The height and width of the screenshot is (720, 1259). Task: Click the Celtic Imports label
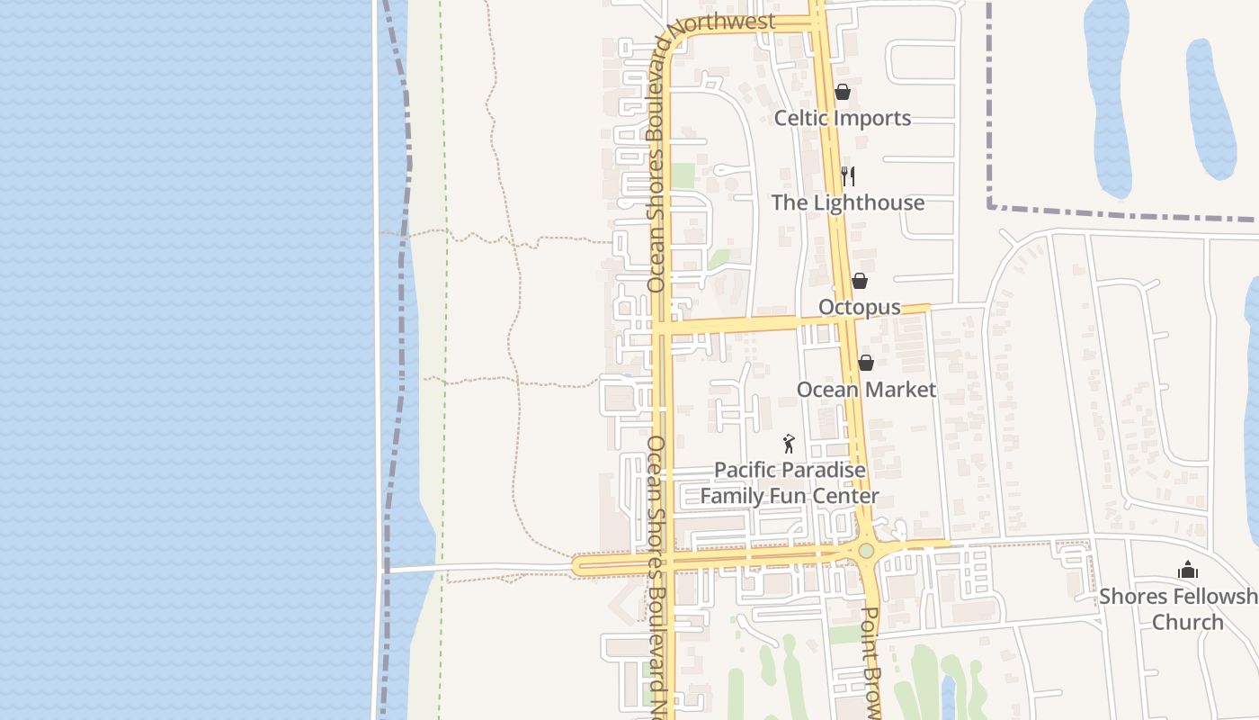(843, 119)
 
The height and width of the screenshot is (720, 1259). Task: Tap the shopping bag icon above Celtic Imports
(843, 92)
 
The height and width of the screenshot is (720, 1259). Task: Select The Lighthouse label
(847, 203)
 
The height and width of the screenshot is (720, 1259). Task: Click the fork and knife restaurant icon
(847, 175)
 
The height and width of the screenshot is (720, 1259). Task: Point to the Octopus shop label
(859, 308)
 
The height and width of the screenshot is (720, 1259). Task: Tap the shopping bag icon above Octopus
(860, 281)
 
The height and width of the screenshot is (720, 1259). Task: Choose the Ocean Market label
(866, 390)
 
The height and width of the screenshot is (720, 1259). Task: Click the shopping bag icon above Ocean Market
(865, 363)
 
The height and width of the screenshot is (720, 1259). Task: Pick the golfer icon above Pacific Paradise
(789, 444)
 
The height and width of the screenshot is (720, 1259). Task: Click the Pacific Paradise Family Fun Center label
(790, 483)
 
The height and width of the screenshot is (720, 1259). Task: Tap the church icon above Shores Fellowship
(1188, 570)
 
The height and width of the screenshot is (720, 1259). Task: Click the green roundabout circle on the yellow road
(866, 550)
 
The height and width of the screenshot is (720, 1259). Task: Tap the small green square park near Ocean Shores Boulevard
(683, 175)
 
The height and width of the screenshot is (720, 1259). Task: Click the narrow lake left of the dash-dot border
(1108, 99)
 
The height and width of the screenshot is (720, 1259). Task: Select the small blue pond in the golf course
(948, 697)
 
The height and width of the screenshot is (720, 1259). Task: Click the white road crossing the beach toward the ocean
(477, 568)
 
